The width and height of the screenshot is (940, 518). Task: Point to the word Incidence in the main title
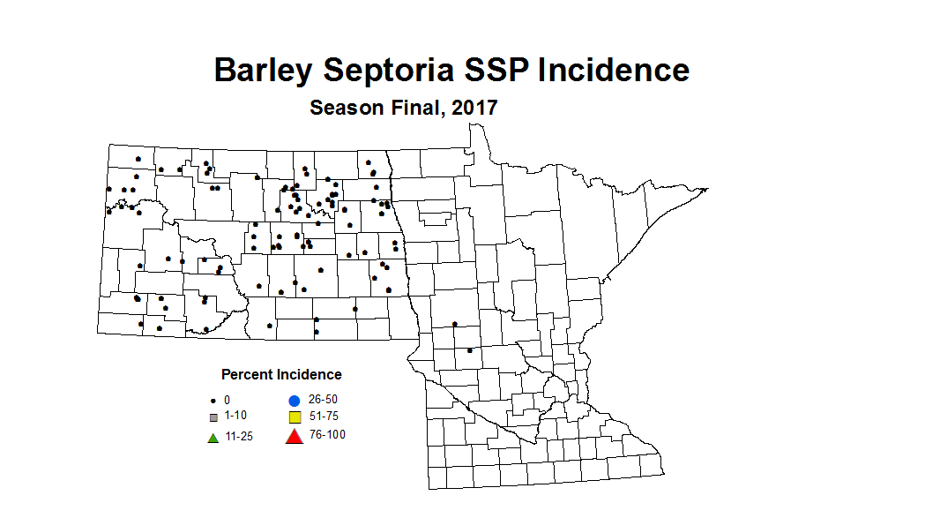click(614, 70)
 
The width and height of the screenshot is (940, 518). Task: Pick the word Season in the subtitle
click(347, 109)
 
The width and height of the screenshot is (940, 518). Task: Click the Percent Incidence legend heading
click(281, 375)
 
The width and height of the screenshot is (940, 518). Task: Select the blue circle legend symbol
click(295, 401)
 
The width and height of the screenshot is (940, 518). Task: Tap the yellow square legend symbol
click(295, 417)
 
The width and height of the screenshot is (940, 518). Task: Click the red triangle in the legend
click(295, 435)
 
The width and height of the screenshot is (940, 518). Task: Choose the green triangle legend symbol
click(213, 437)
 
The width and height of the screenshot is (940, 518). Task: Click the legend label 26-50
click(323, 400)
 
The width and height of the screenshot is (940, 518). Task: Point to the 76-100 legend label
click(326, 435)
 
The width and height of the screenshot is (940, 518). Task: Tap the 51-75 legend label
click(323, 417)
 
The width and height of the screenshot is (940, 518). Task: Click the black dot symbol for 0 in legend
click(213, 401)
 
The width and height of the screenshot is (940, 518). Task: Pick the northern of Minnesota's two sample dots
click(455, 324)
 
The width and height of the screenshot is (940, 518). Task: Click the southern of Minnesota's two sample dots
click(469, 350)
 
